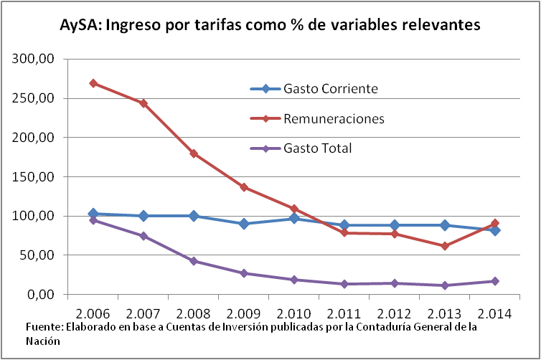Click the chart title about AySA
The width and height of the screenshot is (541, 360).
270,26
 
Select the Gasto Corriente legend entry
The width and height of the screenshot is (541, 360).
330,89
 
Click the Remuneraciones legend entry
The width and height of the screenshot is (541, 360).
334,118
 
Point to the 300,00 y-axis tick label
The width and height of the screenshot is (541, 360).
34,59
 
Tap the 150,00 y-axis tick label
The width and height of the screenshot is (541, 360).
34,176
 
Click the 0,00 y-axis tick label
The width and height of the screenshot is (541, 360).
40,294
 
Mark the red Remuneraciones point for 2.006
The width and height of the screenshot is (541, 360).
93,83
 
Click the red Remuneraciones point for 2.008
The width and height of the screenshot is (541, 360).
194,153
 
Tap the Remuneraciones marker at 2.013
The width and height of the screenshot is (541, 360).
445,246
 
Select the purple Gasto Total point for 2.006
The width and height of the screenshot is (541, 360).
93,220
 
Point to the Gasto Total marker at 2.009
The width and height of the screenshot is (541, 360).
244,273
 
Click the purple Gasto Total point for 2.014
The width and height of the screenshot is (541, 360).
495,281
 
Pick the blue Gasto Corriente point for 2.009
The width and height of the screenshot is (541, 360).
244,224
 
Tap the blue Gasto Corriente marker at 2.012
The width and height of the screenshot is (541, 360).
395,225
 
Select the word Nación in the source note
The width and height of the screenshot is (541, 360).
42,341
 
